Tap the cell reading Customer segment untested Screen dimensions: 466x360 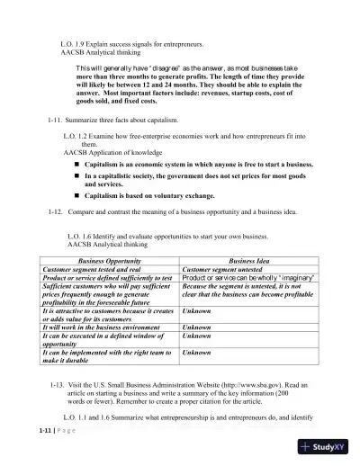click(221, 268)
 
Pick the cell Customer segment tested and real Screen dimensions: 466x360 click(94, 268)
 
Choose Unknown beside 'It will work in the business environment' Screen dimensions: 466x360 click(197, 329)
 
